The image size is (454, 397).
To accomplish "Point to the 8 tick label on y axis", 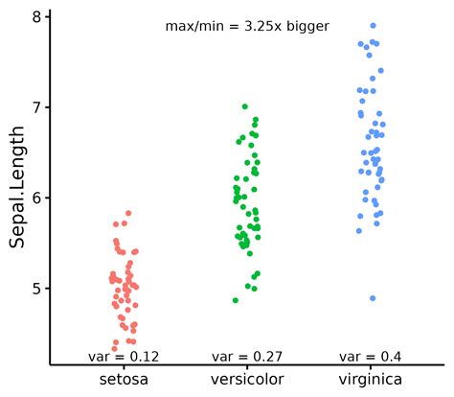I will (36, 17).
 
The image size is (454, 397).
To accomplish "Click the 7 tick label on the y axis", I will (36, 107).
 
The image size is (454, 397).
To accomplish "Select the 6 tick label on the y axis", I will (36, 198).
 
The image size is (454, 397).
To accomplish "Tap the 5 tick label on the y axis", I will (36, 288).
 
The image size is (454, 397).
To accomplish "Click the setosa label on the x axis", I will (124, 381).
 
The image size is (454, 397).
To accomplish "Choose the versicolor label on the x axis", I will (246, 381).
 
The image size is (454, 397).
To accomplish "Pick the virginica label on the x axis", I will (370, 381).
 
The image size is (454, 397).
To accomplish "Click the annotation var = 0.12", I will (124, 357).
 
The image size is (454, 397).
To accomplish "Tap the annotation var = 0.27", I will (246, 357).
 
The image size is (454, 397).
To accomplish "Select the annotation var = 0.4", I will (370, 357).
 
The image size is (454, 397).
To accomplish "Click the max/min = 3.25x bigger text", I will (247, 27).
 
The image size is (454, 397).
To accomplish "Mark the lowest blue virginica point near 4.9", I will (373, 298).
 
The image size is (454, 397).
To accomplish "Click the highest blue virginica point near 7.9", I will (373, 26).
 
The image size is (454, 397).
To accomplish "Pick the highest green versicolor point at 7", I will (245, 106).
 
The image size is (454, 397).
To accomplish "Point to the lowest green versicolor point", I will (236, 300).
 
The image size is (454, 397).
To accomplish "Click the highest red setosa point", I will (128, 213).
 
